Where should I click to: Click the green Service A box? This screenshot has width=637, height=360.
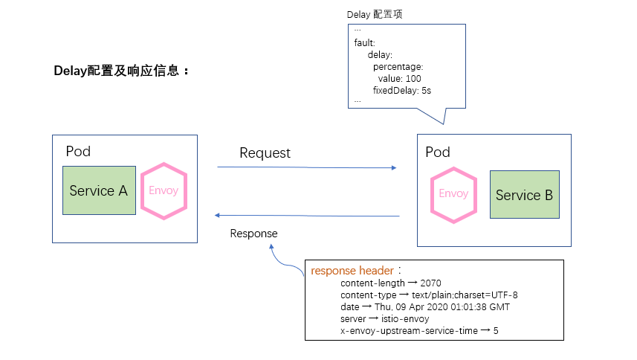99,191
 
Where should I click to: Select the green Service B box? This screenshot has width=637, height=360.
524,195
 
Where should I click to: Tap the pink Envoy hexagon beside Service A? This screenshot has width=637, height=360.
164,190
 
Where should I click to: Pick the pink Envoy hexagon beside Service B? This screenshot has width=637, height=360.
453,194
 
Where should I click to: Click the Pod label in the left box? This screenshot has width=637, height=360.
78,152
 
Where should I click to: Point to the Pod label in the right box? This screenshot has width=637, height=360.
438,152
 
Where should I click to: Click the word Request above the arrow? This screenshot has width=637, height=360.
265,153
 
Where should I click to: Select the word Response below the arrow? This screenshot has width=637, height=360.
253,234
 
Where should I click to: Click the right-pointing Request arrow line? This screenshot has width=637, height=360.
306,167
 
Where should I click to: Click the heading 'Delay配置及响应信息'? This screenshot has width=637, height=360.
121,71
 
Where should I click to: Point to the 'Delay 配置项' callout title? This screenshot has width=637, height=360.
375,15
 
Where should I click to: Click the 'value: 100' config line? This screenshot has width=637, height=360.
399,79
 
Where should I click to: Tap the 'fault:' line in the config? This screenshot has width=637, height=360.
365,42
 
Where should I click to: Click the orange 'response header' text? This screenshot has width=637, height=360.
352,271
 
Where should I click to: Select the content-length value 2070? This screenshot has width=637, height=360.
430,283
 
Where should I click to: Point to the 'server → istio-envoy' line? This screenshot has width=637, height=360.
384,318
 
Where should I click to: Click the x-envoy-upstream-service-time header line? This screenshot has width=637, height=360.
418,330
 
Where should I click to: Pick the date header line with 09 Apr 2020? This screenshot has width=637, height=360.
424,307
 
